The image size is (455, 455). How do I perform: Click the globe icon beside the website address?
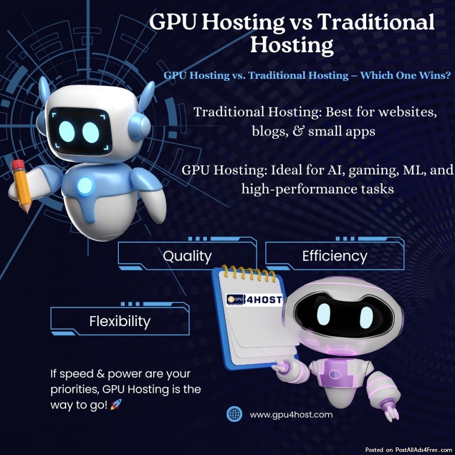click(x=234, y=414)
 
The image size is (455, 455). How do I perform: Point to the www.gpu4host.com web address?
click(x=291, y=415)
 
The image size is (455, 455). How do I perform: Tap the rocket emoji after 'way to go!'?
click(x=116, y=404)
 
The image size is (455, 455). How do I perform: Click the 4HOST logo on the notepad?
click(x=254, y=300)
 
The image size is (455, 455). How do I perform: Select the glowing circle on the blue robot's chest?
click(x=85, y=186)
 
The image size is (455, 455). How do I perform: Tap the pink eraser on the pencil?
click(x=17, y=164)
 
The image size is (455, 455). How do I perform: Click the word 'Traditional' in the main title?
click(x=376, y=22)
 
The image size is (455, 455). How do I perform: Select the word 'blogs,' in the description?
click(x=270, y=131)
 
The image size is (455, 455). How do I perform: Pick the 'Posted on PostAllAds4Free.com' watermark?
click(x=409, y=449)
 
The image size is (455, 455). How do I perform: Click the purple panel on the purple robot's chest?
click(x=337, y=374)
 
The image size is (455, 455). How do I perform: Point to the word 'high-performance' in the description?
click(x=299, y=190)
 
